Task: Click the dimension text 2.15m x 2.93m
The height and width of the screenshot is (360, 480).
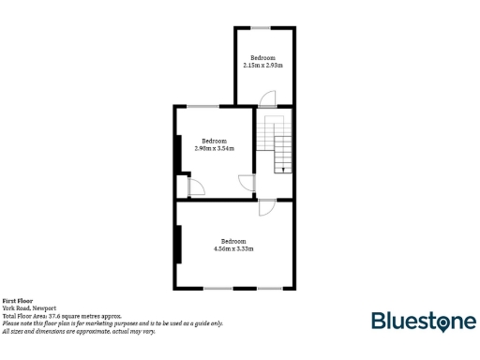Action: click(x=262, y=66)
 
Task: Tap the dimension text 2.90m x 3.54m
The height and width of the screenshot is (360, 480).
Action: click(x=214, y=148)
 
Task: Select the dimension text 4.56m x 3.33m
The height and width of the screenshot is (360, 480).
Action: click(x=234, y=248)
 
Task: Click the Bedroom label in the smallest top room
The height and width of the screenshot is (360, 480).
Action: click(x=262, y=58)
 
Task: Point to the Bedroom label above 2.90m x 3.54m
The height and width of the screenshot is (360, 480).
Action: click(x=215, y=141)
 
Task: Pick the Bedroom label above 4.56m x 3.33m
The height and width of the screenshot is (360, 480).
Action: click(x=234, y=241)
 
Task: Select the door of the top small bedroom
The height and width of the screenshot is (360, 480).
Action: click(x=268, y=98)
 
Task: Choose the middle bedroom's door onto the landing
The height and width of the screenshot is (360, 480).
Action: click(x=247, y=182)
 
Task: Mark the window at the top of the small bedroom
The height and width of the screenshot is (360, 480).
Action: click(x=264, y=28)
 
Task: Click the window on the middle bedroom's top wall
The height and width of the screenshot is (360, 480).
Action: click(x=200, y=107)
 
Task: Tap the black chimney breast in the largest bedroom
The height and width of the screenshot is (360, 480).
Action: click(x=177, y=244)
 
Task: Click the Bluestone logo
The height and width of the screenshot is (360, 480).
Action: click(x=423, y=322)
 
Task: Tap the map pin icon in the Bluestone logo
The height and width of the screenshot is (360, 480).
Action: click(x=443, y=322)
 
